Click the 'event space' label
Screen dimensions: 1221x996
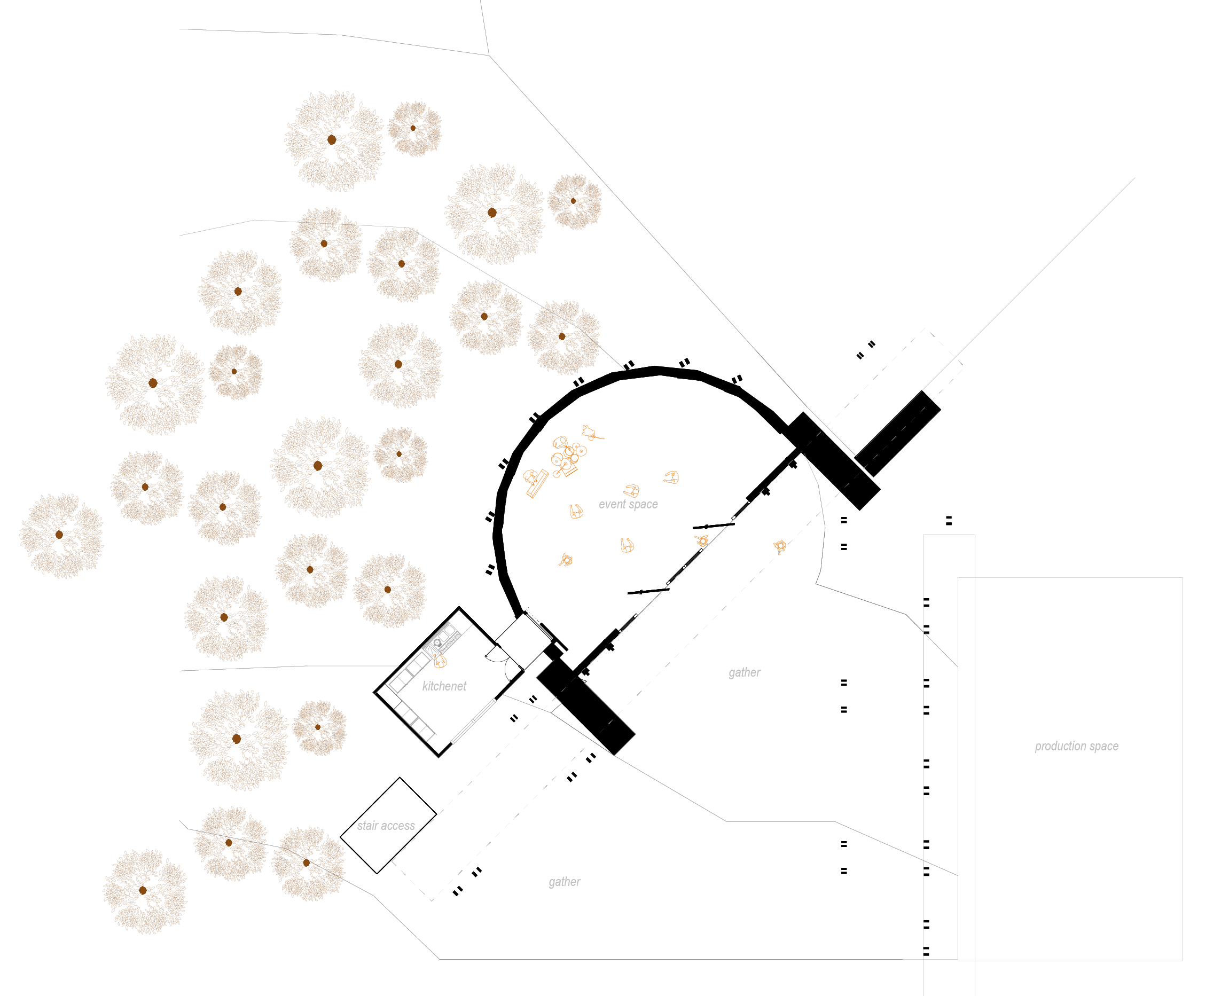[628, 504]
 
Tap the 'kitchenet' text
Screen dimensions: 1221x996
[444, 686]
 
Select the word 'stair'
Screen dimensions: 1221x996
[367, 826]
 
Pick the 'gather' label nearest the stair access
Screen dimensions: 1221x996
[564, 882]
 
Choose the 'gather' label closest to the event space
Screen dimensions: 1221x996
[744, 672]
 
